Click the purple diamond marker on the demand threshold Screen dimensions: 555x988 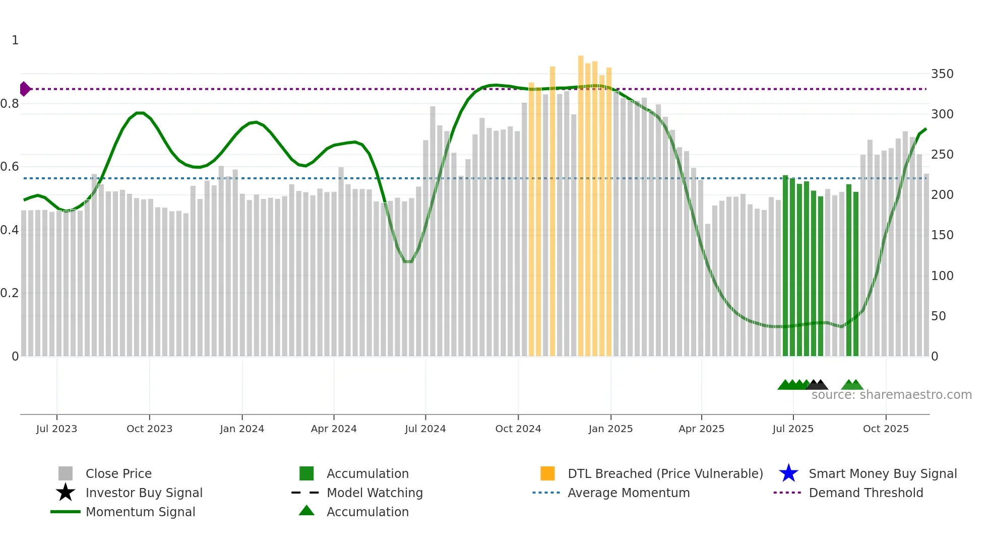[x=25, y=89]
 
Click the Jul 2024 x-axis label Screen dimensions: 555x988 [x=425, y=429]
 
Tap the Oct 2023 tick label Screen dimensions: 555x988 [x=149, y=429]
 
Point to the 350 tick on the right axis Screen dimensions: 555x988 [x=942, y=74]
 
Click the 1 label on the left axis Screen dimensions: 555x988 [x=15, y=40]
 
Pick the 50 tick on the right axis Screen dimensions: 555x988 [x=938, y=316]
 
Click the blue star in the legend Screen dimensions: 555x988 [x=788, y=473]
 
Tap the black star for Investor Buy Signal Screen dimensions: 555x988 [x=66, y=493]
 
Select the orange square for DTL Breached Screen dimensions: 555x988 [x=547, y=473]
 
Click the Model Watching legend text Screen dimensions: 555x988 [x=375, y=493]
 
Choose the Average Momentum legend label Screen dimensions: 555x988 [x=629, y=493]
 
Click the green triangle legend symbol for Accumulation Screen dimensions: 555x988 [x=306, y=511]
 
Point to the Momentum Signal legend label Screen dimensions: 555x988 [x=140, y=512]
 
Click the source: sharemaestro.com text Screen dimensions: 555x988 [x=891, y=395]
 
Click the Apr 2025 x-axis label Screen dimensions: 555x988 [x=701, y=429]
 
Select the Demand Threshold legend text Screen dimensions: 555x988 [x=866, y=493]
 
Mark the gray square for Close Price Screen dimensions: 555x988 [x=66, y=473]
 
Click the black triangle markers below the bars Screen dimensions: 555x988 [x=817, y=385]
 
